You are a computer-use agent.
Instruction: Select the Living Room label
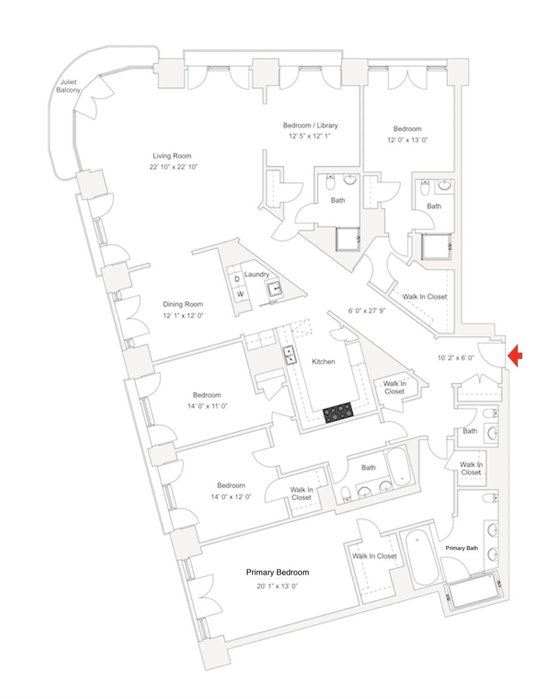point(172,156)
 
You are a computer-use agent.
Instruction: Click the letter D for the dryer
point(237,279)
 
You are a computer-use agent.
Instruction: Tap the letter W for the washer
point(241,294)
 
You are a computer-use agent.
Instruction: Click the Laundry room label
point(256,274)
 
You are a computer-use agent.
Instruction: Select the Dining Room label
point(183,304)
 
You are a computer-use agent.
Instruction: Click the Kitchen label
point(323,362)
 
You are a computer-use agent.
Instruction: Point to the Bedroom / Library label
point(310,125)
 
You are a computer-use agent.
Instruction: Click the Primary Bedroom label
point(277,572)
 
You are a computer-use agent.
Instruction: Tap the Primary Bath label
point(461,548)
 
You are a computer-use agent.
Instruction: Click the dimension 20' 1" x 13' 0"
point(277,586)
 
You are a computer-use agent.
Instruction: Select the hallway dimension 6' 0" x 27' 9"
point(367,311)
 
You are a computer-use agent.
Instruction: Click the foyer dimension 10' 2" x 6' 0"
point(456,358)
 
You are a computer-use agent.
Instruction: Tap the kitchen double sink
point(289,355)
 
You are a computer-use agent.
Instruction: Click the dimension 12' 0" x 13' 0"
point(407,140)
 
